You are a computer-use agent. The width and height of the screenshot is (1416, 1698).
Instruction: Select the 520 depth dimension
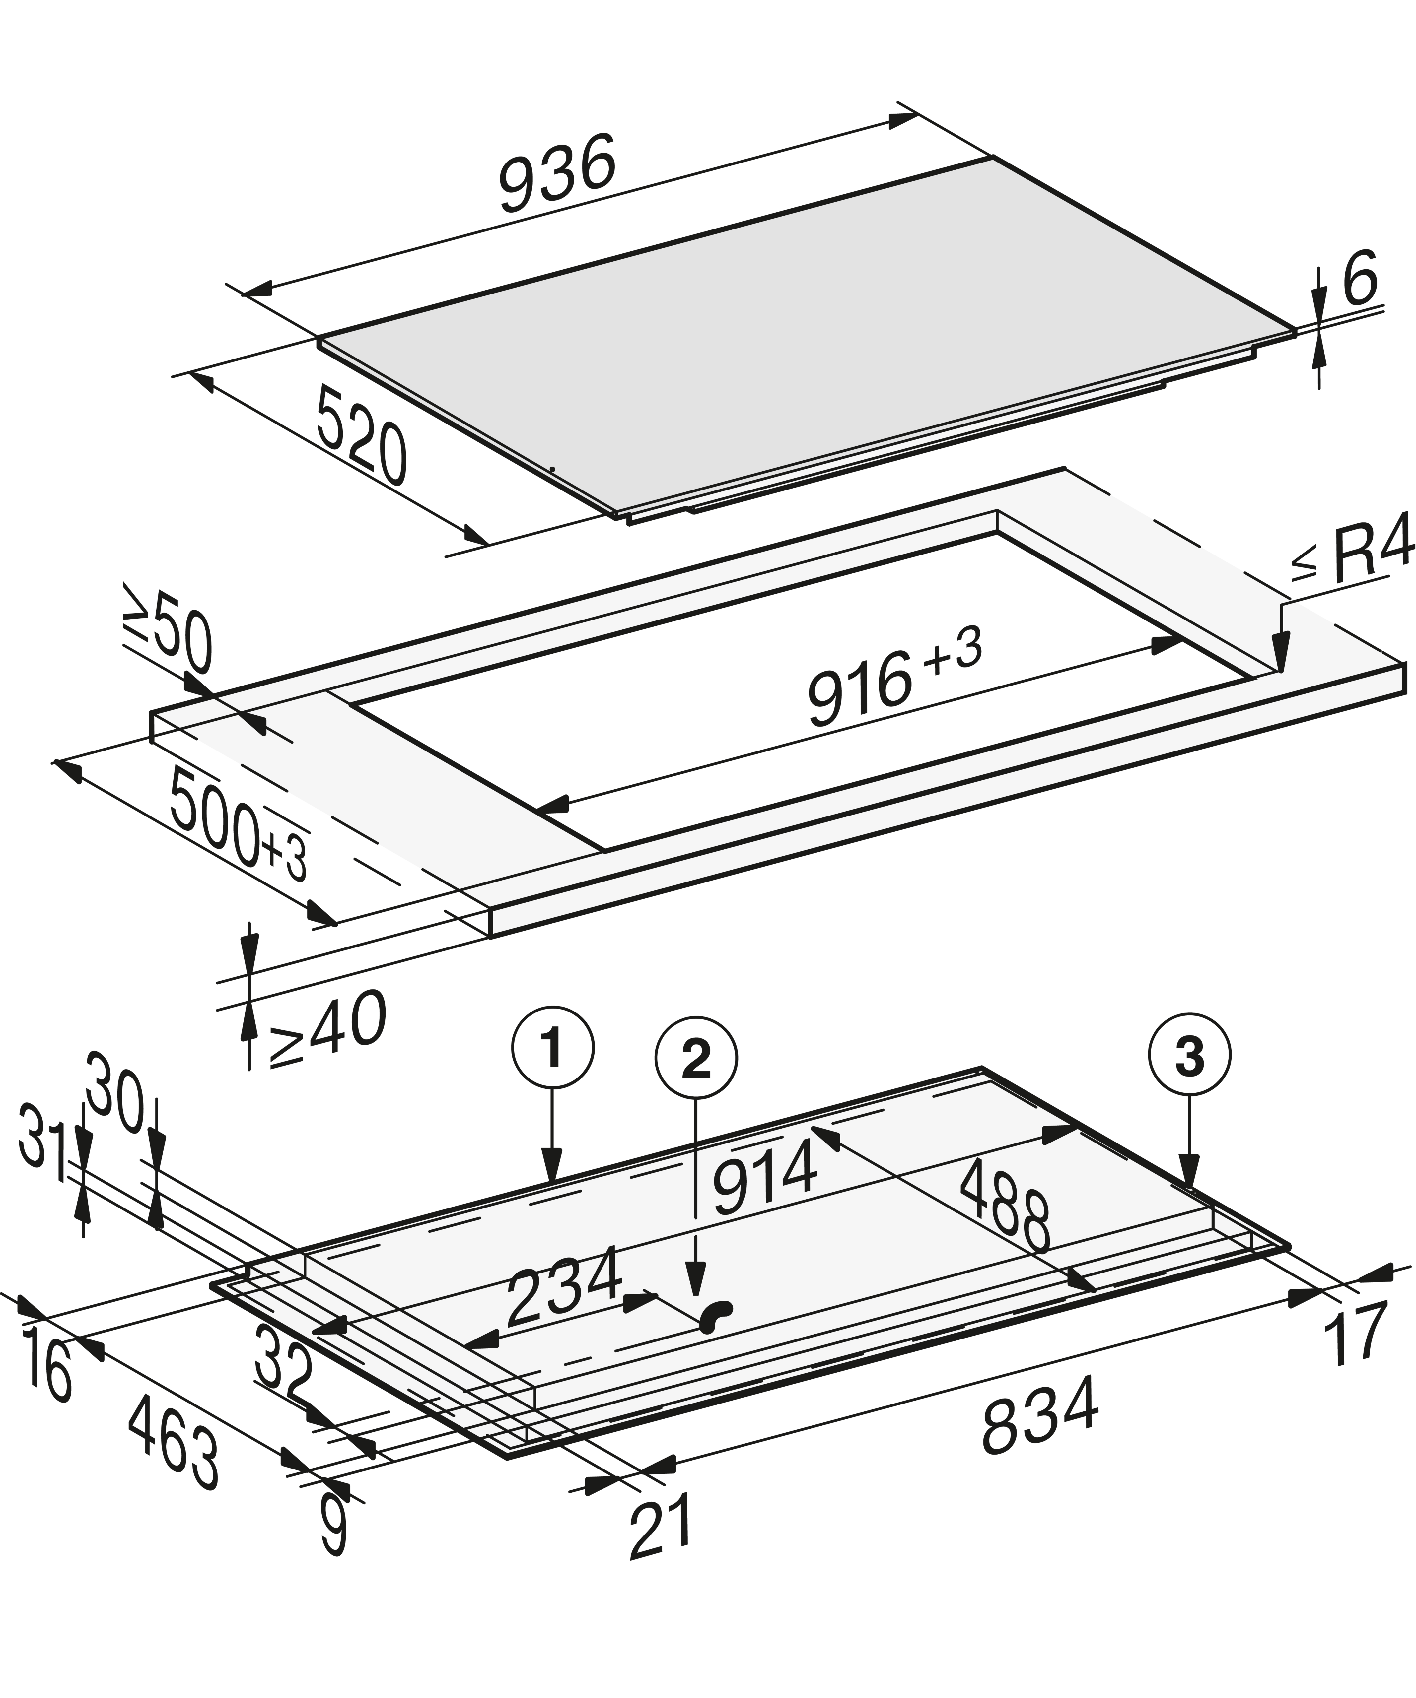[362, 434]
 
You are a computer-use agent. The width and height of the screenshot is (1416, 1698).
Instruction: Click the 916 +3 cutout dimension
[895, 677]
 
